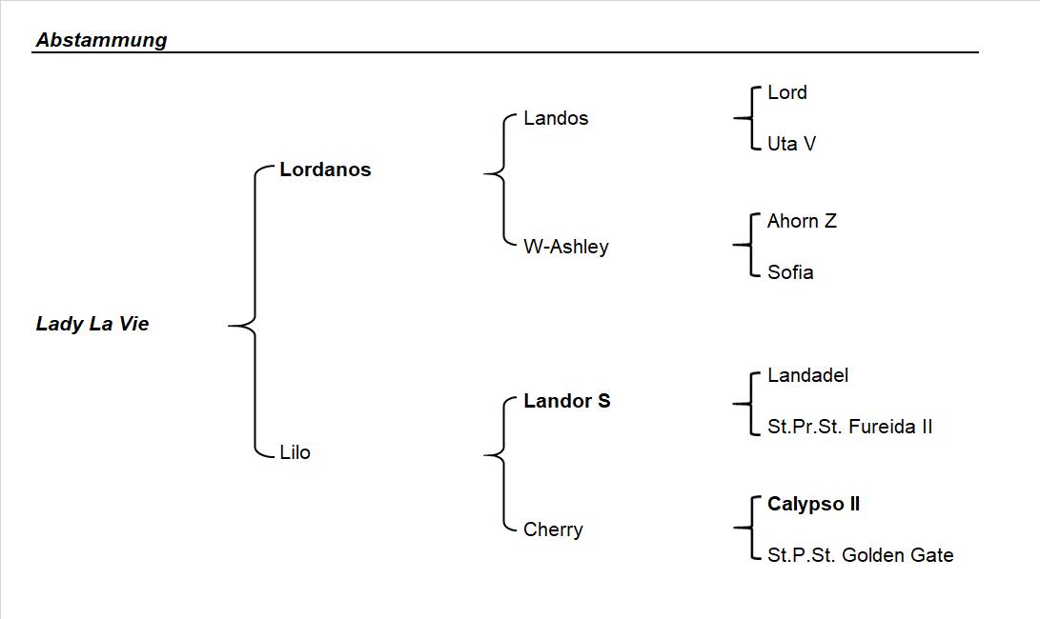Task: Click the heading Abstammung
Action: (101, 40)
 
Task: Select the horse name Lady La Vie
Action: (92, 324)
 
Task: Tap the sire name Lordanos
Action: (325, 170)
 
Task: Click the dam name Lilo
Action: (295, 452)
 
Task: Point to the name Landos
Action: (556, 118)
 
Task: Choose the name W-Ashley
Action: (565, 247)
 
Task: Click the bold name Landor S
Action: (566, 401)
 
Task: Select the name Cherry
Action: (553, 529)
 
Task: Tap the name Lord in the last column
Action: (786, 92)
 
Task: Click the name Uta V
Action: (791, 144)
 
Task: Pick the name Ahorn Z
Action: (802, 221)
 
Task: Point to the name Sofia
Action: (790, 272)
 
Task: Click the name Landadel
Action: (807, 375)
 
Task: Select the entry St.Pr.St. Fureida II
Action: (849, 427)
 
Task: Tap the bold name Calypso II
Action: (813, 504)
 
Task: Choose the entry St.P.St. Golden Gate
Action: (860, 555)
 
